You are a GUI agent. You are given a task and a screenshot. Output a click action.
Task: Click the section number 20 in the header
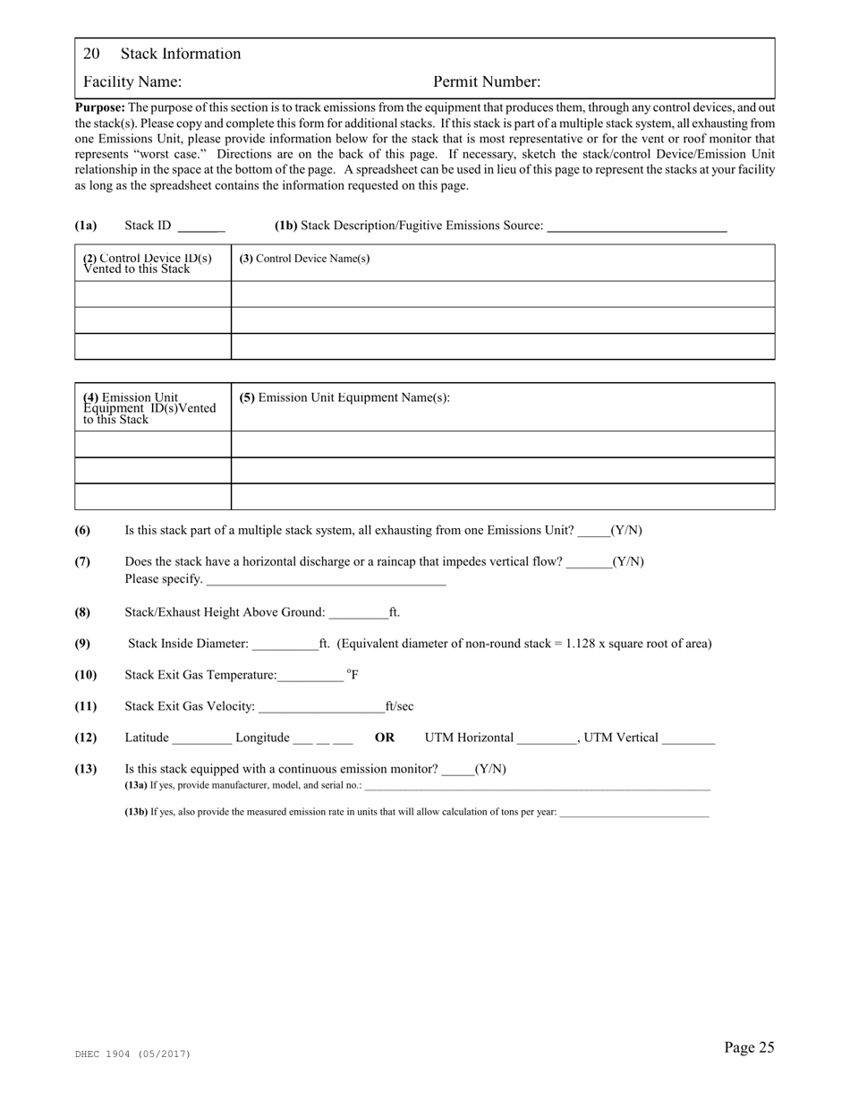(x=90, y=54)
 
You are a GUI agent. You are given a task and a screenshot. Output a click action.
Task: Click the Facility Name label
(x=132, y=82)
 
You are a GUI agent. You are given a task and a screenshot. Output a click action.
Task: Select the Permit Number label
(x=487, y=82)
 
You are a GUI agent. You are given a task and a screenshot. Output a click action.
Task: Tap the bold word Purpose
(x=99, y=107)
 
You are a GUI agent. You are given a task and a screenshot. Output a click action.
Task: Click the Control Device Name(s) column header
(x=304, y=259)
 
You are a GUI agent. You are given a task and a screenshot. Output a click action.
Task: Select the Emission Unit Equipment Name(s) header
(x=344, y=397)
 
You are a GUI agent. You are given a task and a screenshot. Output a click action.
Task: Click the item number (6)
(x=82, y=530)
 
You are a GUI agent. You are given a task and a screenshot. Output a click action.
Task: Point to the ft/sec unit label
(x=399, y=706)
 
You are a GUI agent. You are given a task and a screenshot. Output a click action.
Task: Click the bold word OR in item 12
(x=384, y=738)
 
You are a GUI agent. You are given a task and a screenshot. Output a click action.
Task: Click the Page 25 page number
(x=749, y=1047)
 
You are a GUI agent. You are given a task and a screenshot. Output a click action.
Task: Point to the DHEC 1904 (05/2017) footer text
(x=132, y=1054)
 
